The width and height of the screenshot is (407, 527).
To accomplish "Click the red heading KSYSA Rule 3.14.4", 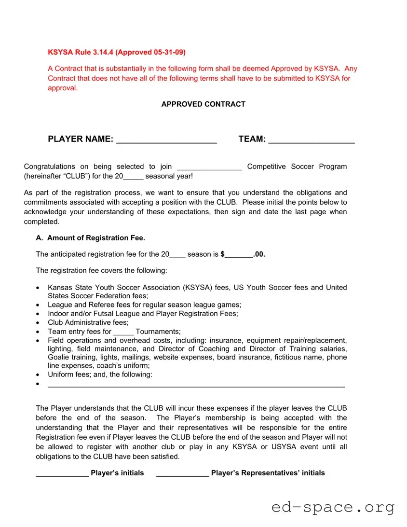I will (116, 52).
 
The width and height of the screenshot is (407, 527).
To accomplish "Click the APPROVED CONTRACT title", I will (203, 104).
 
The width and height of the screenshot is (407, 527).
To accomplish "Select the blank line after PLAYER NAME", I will (166, 140).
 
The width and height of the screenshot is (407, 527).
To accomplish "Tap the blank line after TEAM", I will (311, 140).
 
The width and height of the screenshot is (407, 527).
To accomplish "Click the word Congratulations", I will (49, 166).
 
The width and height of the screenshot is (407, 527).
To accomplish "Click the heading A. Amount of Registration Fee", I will (90, 238).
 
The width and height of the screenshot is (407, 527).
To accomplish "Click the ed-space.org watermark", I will (333, 507).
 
